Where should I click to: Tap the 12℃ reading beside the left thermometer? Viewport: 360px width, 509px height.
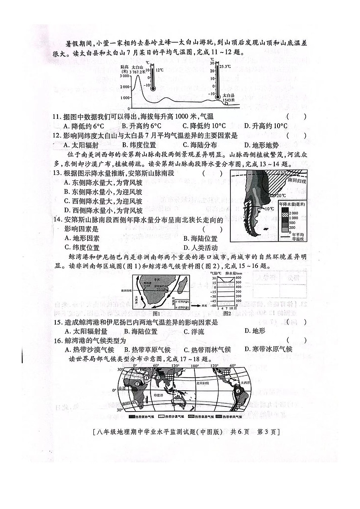click(160, 70)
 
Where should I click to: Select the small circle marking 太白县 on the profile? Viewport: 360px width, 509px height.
click(226, 102)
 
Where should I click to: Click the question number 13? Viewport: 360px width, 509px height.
click(57, 173)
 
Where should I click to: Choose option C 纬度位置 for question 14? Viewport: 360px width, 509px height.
click(82, 247)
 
